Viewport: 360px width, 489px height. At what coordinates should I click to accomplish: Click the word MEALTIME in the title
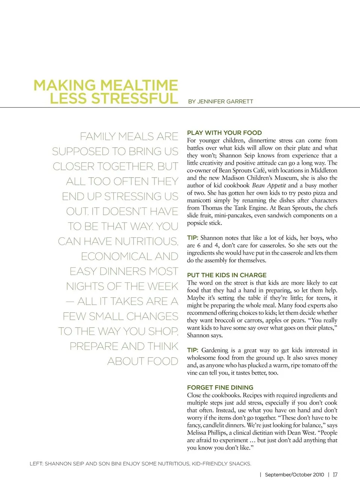(138, 85)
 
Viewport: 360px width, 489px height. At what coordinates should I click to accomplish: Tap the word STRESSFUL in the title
(135, 99)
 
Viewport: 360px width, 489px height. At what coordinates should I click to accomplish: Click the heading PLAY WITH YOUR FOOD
(224, 133)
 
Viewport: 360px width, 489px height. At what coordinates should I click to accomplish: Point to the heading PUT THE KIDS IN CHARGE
(226, 275)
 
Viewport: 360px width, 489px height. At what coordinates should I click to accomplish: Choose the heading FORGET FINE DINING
(220, 387)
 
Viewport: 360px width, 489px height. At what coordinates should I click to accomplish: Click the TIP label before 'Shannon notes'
(192, 238)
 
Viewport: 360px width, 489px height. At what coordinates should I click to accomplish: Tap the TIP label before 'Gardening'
(192, 350)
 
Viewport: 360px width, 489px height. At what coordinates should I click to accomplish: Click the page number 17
(335, 475)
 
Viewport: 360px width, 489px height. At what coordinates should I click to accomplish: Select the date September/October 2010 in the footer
(294, 475)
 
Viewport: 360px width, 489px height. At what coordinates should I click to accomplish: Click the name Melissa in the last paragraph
(197, 433)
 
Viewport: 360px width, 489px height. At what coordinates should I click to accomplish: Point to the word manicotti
(199, 200)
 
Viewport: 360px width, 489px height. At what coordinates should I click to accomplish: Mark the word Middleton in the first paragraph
(324, 170)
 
